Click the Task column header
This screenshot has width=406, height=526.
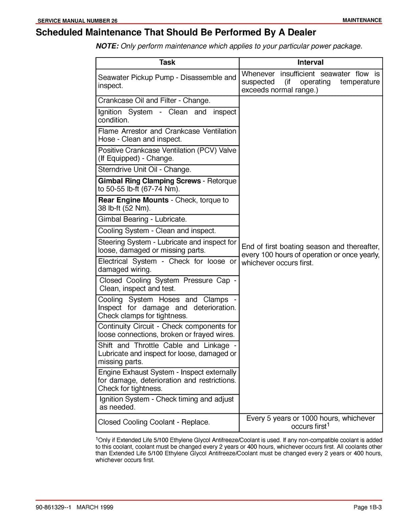coord(167,62)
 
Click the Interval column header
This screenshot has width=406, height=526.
coord(310,62)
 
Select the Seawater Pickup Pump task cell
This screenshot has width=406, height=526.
coord(167,81)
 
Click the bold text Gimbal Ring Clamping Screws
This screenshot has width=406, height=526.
coord(149,181)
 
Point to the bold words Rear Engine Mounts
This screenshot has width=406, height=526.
coord(133,200)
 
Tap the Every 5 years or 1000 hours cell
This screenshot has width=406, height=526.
coord(310,422)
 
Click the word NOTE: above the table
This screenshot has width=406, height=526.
coord(107,46)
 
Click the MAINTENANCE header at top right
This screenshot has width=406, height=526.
coord(362,20)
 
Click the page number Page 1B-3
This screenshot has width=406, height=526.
coord(367,507)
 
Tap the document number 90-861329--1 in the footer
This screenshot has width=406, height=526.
coord(53,507)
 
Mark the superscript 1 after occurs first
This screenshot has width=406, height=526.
coord(328,425)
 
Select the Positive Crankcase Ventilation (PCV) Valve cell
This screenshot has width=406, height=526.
coord(167,154)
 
